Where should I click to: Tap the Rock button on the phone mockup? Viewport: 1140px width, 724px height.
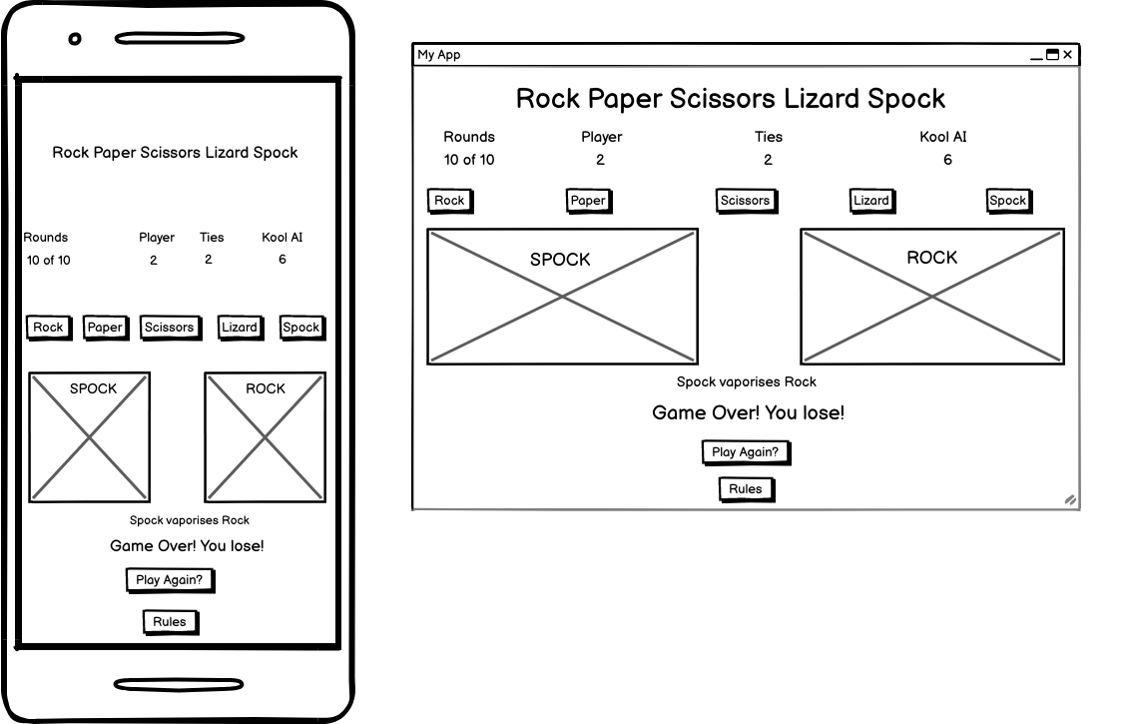48,328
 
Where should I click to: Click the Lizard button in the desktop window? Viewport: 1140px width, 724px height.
870,201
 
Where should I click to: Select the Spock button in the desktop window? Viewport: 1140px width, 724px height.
1007,201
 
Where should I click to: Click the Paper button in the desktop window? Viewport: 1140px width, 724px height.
587,201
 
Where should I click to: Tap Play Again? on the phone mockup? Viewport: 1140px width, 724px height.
169,580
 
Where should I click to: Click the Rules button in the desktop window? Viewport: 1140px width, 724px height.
745,489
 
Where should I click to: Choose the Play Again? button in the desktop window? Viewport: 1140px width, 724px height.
745,452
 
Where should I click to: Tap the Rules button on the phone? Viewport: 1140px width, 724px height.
169,622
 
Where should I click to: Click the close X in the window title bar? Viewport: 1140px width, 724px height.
1067,55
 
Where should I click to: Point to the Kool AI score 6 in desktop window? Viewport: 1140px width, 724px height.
947,160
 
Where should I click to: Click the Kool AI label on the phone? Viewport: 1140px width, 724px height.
282,238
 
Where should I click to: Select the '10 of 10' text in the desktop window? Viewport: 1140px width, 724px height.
469,160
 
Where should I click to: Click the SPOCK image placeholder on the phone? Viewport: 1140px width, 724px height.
90,437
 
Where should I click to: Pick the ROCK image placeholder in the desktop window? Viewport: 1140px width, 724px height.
931,297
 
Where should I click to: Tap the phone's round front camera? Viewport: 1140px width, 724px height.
75,39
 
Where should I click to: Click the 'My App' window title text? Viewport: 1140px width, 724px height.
439,55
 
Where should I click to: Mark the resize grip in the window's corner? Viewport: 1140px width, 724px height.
1070,499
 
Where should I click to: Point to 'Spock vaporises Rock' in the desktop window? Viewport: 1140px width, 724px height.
746,381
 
